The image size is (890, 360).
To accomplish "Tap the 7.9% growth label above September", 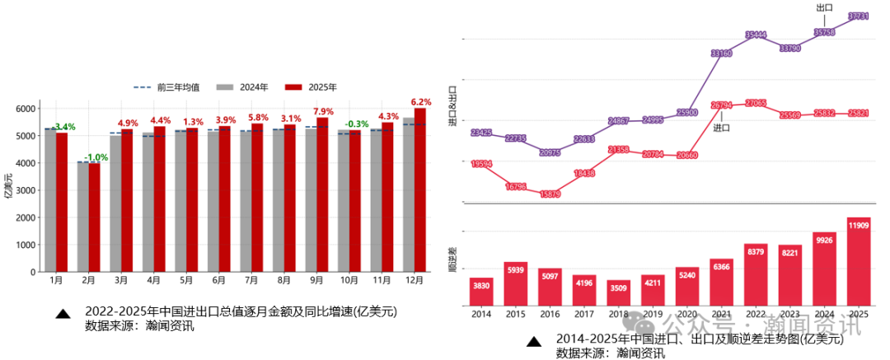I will point(323,111).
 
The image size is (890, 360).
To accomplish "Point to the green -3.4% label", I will point(63,127).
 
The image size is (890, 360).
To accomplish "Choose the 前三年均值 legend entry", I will point(160,87).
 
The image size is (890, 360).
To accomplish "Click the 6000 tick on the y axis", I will point(26,109).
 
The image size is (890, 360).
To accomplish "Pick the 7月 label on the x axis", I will point(251,281).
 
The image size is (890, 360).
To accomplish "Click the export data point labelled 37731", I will point(859,16).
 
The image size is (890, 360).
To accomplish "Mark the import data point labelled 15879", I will point(550,194).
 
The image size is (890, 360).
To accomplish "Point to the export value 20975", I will point(550,152).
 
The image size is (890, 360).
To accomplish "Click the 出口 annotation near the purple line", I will point(823,7).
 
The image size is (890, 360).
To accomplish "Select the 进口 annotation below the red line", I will point(722,128).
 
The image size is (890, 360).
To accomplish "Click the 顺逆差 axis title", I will point(452,259).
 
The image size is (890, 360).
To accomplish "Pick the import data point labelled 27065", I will point(756,102).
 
